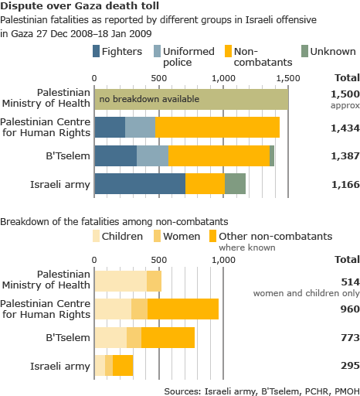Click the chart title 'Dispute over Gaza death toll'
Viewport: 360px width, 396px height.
[x=70, y=7]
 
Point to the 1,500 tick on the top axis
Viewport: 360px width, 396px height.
[x=287, y=78]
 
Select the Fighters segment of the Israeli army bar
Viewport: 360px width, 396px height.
[x=140, y=183]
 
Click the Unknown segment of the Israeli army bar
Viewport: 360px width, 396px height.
[x=235, y=183]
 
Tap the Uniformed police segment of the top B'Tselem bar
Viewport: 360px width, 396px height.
[x=152, y=155]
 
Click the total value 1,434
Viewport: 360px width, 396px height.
[x=345, y=128]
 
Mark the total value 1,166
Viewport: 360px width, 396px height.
[x=345, y=183]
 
